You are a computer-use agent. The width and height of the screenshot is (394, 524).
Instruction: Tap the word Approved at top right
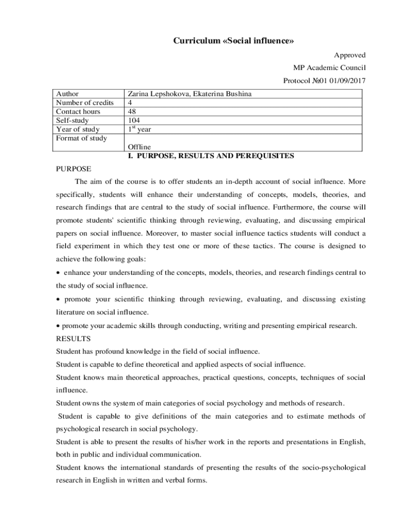coord(350,55)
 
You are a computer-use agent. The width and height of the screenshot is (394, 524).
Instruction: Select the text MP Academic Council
coord(329,68)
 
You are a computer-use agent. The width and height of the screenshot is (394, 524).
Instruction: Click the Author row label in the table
coord(67,94)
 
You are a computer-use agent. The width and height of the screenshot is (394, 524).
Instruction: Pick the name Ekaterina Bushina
coord(221,94)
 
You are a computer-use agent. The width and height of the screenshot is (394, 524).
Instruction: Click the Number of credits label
coord(84,103)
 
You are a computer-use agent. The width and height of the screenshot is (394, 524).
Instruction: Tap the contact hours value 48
coord(132,112)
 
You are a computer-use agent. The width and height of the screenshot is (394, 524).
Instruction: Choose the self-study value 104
coord(134,120)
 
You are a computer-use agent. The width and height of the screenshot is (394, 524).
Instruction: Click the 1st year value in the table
coord(139,129)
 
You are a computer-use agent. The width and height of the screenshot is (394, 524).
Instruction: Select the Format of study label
coord(81,138)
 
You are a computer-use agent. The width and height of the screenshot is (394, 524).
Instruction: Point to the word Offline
coord(139,147)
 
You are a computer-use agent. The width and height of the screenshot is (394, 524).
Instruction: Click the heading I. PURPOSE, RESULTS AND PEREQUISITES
coord(211,156)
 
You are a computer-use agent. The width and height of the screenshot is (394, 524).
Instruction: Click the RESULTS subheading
coord(73,339)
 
